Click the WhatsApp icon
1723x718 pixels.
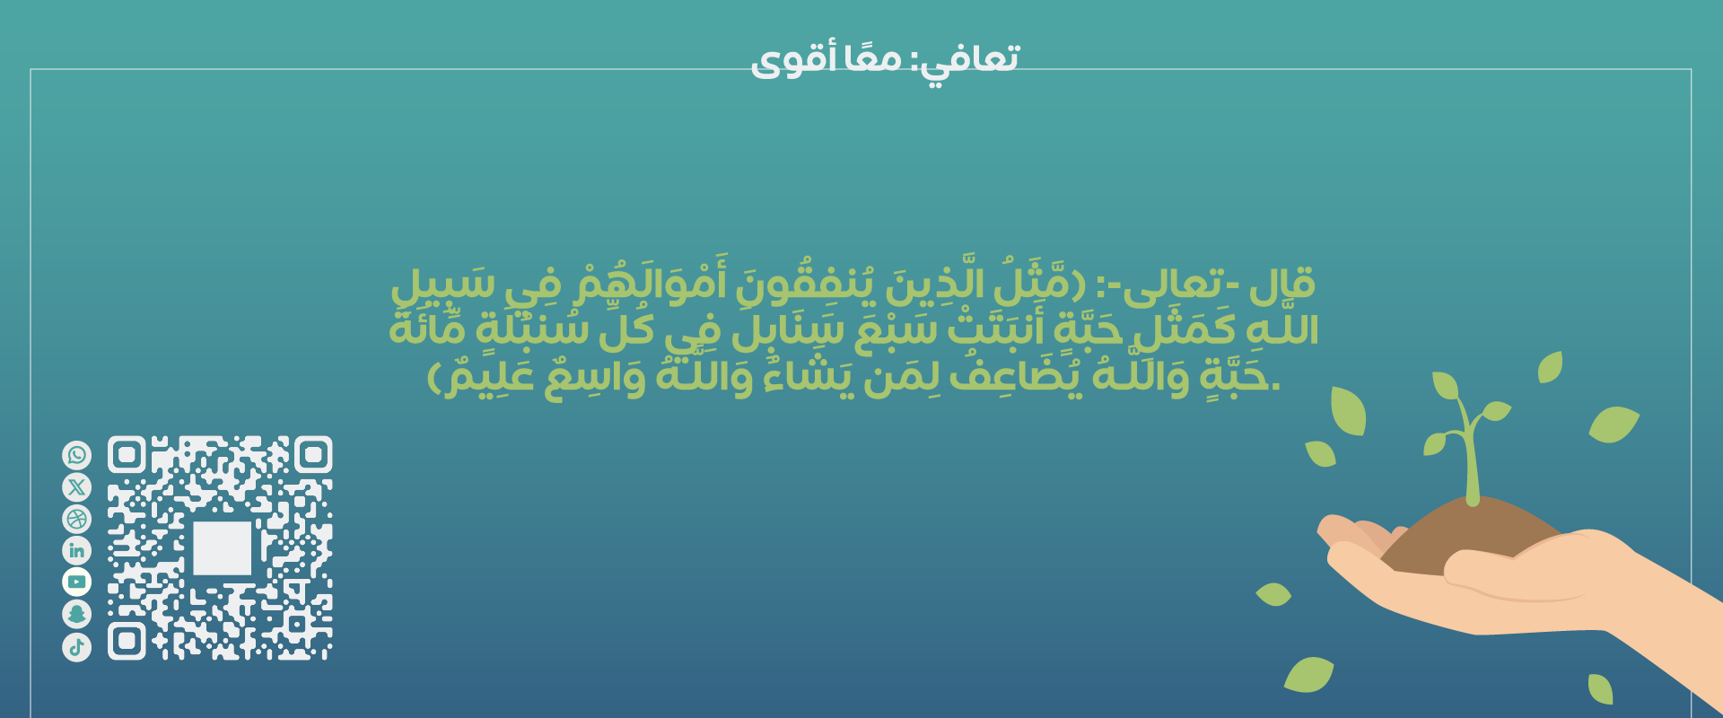coord(77,455)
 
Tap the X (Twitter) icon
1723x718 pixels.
coord(77,487)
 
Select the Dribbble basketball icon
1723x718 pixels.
coord(77,519)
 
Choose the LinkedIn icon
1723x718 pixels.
coord(77,550)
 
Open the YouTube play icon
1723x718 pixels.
coord(77,582)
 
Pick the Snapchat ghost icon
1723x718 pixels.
coord(77,614)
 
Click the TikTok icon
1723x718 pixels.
coord(77,646)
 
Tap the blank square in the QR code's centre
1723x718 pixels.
coord(222,547)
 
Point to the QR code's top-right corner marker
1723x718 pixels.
coord(312,455)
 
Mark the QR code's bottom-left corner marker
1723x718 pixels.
coord(127,641)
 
